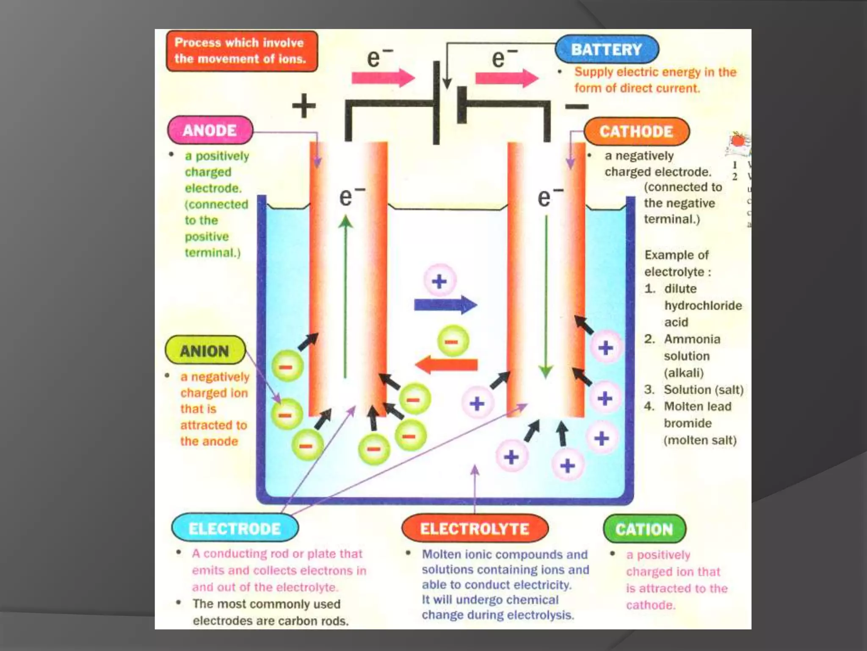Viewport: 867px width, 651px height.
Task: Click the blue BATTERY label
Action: pyautogui.click(x=607, y=50)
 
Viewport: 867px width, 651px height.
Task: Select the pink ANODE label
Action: pyautogui.click(x=210, y=130)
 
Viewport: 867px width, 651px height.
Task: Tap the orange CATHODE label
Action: pyautogui.click(x=636, y=131)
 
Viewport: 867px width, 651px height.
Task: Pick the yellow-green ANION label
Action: pyautogui.click(x=205, y=351)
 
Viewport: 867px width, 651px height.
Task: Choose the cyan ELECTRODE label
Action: pyautogui.click(x=235, y=529)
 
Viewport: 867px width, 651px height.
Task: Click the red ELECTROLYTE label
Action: pyautogui.click(x=475, y=529)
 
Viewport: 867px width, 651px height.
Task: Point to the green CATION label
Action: pyautogui.click(x=644, y=529)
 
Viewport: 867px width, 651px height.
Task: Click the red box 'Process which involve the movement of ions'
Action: pyautogui.click(x=241, y=51)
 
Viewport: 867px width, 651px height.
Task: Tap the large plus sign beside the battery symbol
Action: pyautogui.click(x=304, y=106)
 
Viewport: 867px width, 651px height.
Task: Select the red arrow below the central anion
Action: pyautogui.click(x=446, y=365)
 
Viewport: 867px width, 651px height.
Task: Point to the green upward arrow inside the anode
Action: pyautogui.click(x=345, y=297)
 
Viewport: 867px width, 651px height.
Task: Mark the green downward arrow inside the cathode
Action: pyautogui.click(x=546, y=297)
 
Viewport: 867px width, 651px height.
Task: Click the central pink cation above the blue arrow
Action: pyautogui.click(x=440, y=281)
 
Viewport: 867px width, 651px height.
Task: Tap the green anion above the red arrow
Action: pyautogui.click(x=453, y=341)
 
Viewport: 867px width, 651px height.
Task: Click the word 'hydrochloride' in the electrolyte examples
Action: pyautogui.click(x=703, y=306)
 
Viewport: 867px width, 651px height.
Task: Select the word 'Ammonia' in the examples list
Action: pyautogui.click(x=692, y=339)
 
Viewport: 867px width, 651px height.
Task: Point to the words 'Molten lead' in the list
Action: pyautogui.click(x=697, y=406)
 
